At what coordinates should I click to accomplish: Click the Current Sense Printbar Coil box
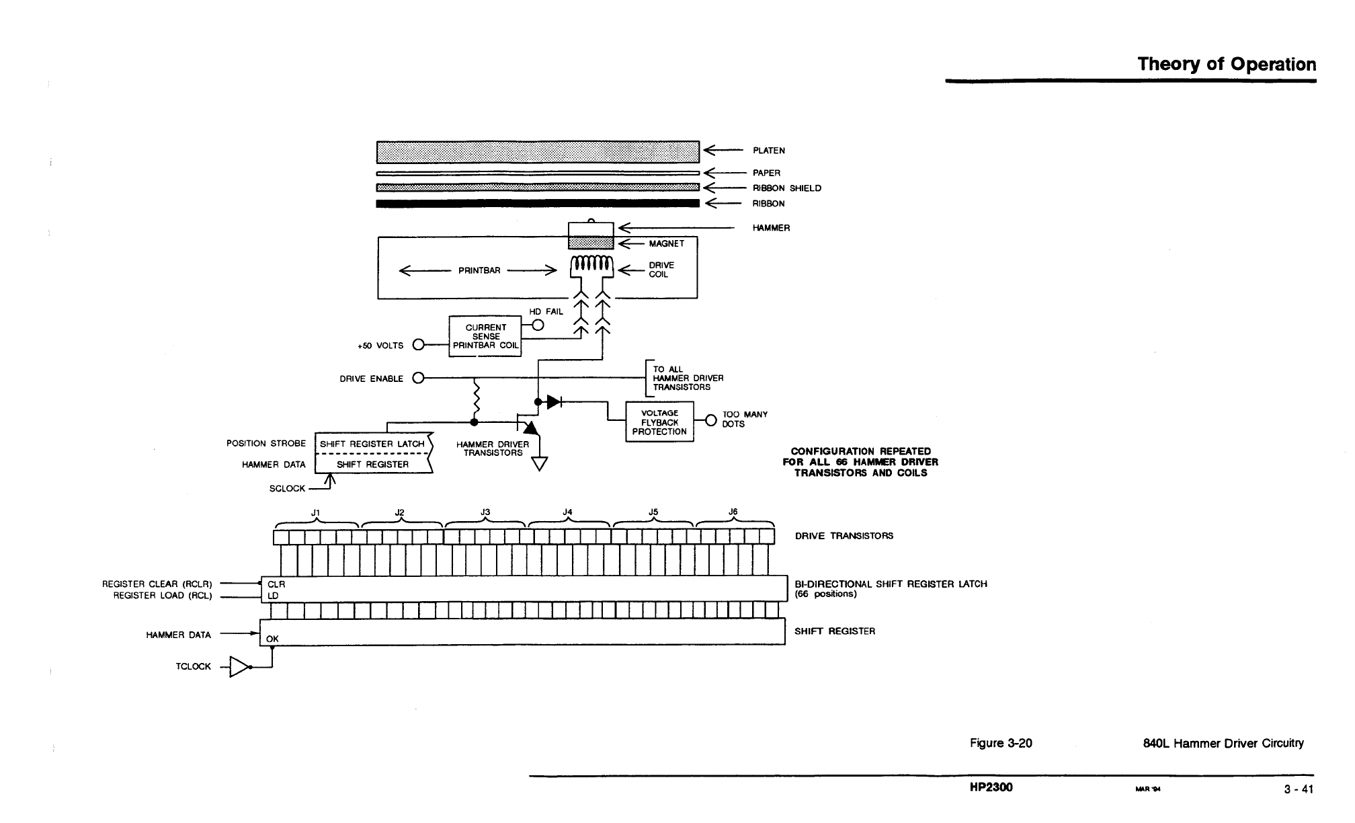[485, 336]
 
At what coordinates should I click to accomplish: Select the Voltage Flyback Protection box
[659, 422]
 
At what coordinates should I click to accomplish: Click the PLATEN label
[768, 151]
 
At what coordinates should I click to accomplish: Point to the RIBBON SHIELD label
[786, 188]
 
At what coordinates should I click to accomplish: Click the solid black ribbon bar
[538, 204]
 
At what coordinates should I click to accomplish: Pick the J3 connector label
[485, 512]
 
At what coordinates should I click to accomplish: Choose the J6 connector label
[733, 512]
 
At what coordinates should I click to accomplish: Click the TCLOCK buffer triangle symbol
[239, 666]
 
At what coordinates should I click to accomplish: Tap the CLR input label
[276, 584]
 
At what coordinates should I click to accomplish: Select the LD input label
[273, 596]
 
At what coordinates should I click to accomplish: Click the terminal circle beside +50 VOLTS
[418, 345]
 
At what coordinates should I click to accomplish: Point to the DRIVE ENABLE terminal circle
[418, 378]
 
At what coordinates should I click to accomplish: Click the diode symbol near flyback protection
[554, 402]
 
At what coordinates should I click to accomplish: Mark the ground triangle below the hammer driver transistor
[540, 464]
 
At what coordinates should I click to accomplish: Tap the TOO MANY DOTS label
[744, 420]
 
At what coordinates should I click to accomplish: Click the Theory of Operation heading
[1226, 65]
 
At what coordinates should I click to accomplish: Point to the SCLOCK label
[287, 489]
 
